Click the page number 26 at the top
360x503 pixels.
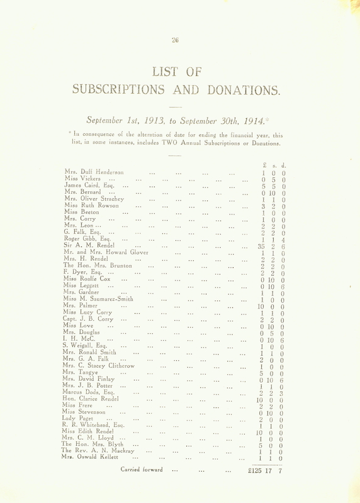175,40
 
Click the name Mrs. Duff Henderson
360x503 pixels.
94,172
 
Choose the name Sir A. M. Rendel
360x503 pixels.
89,245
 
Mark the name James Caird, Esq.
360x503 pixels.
87,185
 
